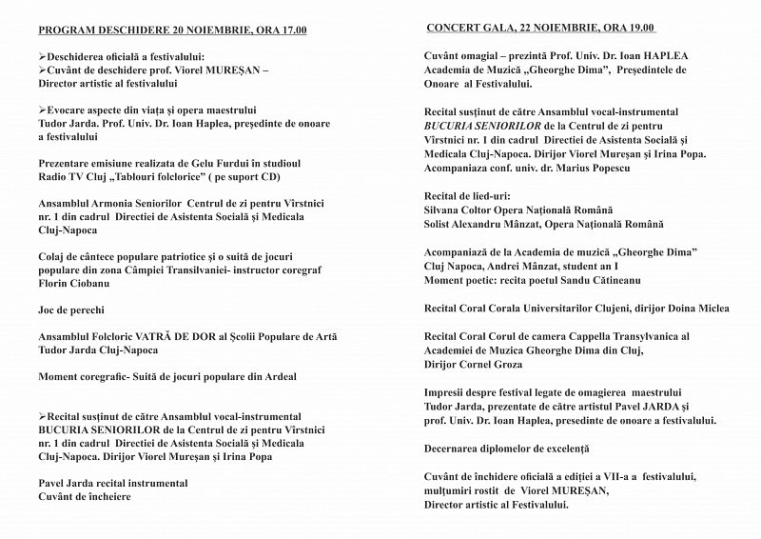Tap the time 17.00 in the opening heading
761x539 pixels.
click(x=289, y=30)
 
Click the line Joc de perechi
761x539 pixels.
click(x=71, y=309)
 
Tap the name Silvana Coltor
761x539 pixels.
click(x=460, y=210)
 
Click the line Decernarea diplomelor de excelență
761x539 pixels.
click(x=507, y=448)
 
